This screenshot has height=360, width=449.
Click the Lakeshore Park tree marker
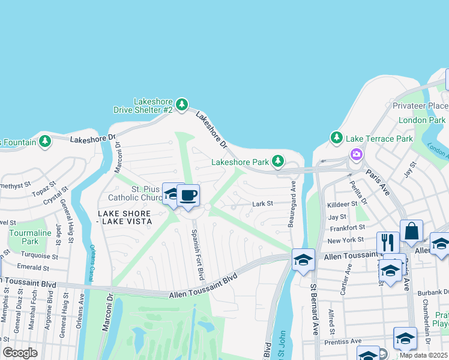[277, 161]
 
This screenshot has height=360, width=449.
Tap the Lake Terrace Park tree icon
[336, 139]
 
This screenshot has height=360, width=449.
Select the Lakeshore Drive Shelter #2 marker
[180, 105]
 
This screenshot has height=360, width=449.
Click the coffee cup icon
[188, 196]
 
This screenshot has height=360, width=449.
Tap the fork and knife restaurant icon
[388, 242]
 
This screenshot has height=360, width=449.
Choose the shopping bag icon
[411, 231]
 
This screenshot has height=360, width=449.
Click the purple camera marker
[357, 154]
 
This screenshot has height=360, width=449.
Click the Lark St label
[262, 204]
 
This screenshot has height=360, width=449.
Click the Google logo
[20, 353]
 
